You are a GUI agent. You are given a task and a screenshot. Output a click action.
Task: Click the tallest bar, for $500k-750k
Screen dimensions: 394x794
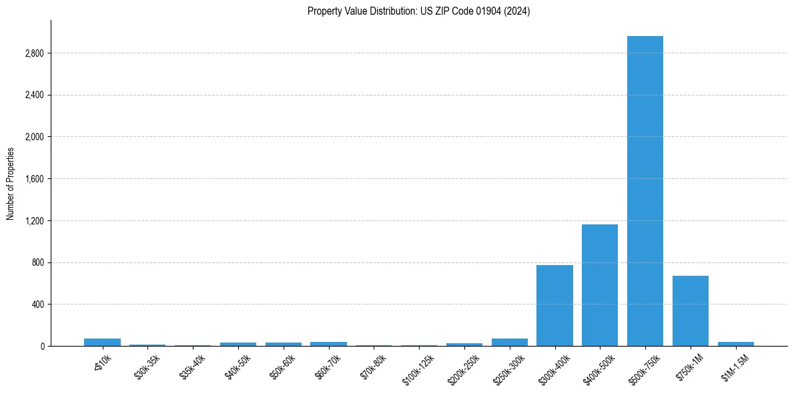click(645, 191)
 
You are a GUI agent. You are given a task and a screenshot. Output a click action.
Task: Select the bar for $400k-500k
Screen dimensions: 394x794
click(600, 285)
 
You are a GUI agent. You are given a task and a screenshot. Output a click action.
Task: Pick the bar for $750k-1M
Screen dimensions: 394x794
click(691, 311)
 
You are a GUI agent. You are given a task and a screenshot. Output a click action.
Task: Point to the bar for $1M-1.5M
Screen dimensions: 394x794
click(736, 344)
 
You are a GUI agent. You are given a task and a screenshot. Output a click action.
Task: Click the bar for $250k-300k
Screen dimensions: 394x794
click(509, 343)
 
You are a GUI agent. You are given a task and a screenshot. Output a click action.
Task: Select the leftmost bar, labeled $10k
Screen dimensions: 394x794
click(102, 343)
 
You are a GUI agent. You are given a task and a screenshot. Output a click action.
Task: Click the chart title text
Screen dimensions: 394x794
click(418, 11)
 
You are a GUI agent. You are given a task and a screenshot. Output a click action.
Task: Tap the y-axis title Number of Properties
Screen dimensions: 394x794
click(11, 184)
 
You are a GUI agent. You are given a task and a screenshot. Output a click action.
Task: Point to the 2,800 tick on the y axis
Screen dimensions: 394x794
click(33, 53)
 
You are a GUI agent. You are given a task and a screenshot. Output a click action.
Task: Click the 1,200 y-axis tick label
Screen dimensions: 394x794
click(33, 221)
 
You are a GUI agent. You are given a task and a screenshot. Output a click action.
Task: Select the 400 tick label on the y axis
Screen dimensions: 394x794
click(37, 305)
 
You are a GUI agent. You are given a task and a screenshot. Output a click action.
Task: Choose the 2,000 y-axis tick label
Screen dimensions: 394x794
click(33, 137)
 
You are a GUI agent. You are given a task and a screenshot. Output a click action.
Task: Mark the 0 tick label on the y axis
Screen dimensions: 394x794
click(41, 347)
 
